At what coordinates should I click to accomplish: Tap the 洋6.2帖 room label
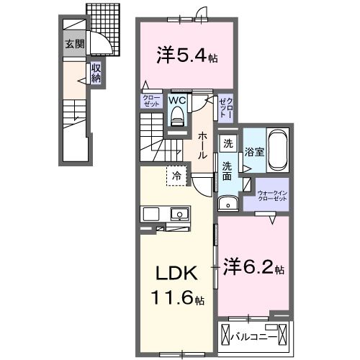coord(253,267)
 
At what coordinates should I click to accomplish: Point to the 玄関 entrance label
coord(75,44)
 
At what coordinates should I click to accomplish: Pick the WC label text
coord(177,102)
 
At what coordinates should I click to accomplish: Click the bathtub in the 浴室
coord(277,150)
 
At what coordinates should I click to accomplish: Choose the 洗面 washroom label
coord(227,172)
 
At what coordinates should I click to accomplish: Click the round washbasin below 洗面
coord(228,204)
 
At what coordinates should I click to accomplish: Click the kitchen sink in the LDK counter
coord(179,214)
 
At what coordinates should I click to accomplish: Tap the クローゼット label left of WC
coord(151,101)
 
